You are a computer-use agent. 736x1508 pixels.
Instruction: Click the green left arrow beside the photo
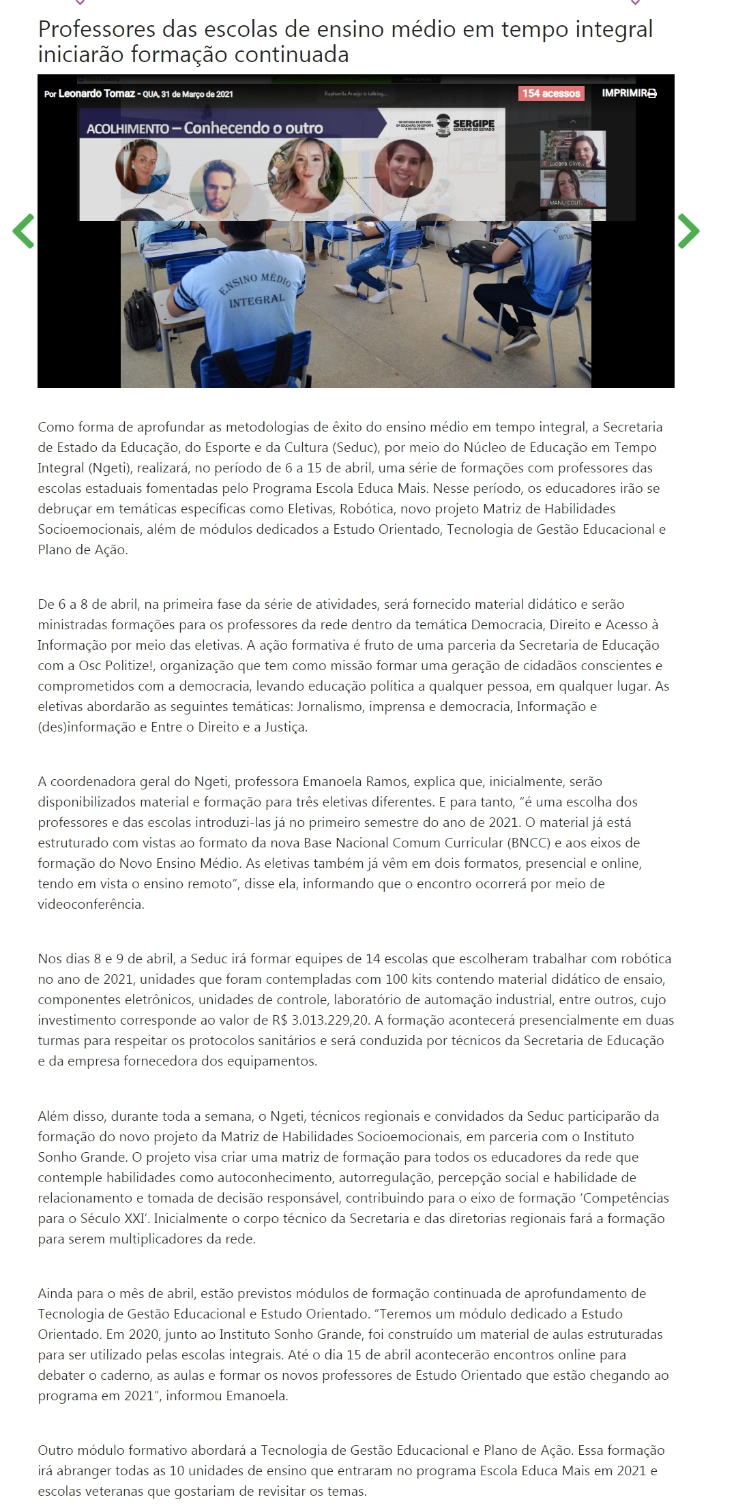point(23,231)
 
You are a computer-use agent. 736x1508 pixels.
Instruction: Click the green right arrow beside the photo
point(688,230)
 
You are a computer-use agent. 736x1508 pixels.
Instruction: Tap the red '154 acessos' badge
point(551,93)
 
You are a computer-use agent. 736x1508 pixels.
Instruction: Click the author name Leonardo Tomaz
point(96,94)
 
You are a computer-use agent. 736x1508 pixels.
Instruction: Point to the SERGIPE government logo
point(466,124)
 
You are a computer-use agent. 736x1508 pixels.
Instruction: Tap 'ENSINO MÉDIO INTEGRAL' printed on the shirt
point(255,290)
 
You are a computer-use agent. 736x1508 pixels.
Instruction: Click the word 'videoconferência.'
point(91,905)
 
